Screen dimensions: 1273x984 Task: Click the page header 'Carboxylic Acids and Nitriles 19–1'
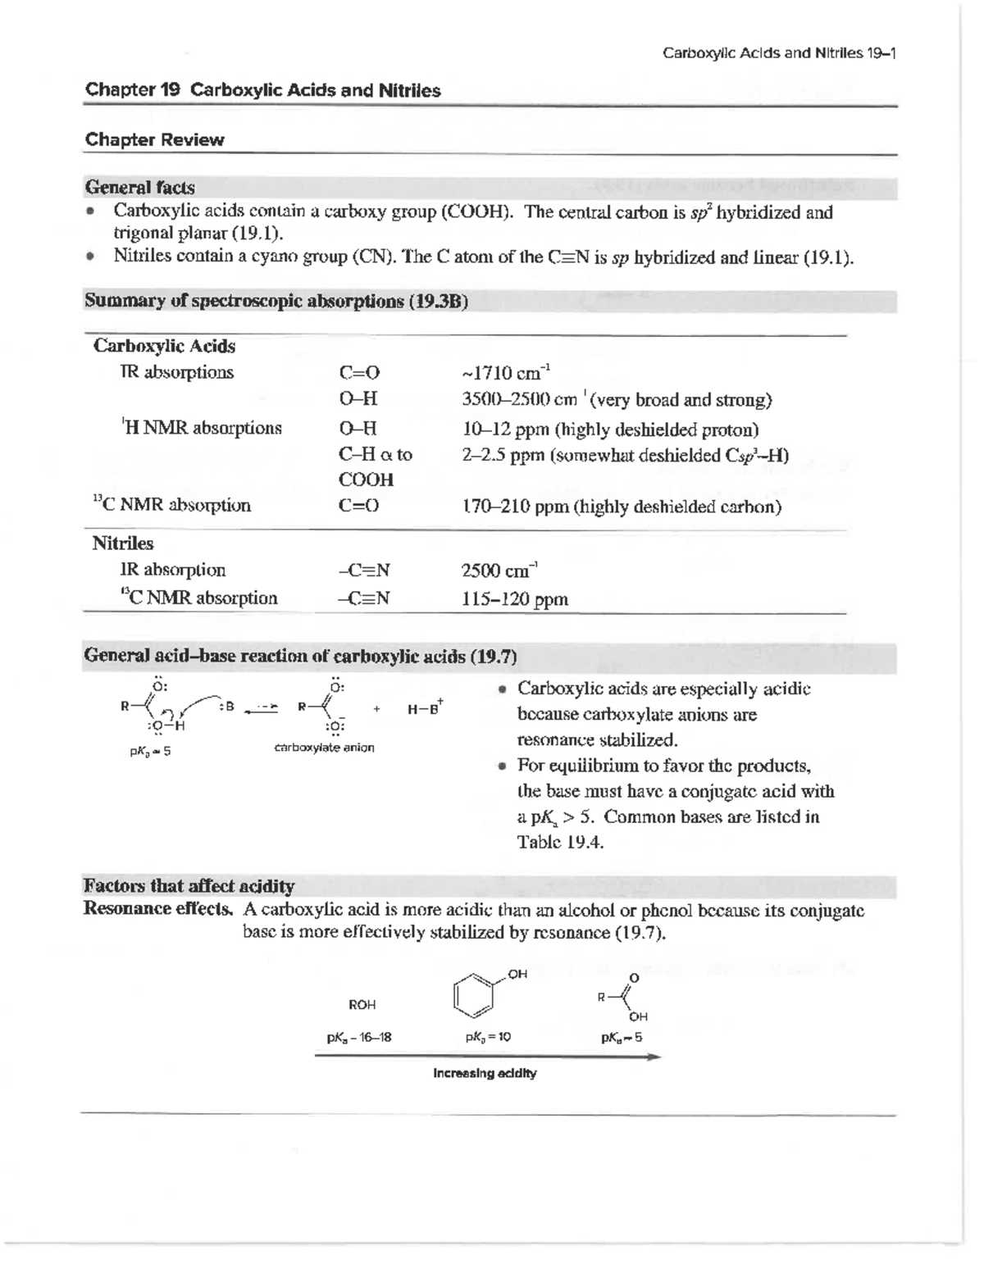tap(779, 53)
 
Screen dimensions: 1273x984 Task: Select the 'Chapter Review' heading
tap(154, 139)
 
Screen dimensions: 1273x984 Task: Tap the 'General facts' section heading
tap(139, 187)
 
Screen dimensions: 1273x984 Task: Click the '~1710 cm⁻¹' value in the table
tap(506, 374)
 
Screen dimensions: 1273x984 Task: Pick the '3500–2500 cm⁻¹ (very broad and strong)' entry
tap(617, 400)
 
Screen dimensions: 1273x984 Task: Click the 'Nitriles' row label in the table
tap(122, 543)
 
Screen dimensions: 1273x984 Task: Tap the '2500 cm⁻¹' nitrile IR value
tap(499, 571)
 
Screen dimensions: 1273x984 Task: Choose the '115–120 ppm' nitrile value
tap(514, 599)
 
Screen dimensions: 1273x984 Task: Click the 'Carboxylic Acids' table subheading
tap(164, 346)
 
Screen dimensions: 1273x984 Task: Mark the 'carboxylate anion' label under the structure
tap(324, 748)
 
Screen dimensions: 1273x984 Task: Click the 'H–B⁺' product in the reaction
tap(425, 708)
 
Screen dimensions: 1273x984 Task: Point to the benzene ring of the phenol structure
tap(475, 993)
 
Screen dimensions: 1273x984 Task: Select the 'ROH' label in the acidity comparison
tap(362, 1004)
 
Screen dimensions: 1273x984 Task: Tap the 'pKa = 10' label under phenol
tap(488, 1037)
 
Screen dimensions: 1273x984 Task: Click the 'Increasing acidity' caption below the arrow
tap(485, 1073)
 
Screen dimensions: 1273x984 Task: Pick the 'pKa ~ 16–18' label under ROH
tap(359, 1037)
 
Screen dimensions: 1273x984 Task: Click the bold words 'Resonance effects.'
tap(157, 909)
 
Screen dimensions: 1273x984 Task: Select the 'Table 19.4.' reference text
tap(560, 842)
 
